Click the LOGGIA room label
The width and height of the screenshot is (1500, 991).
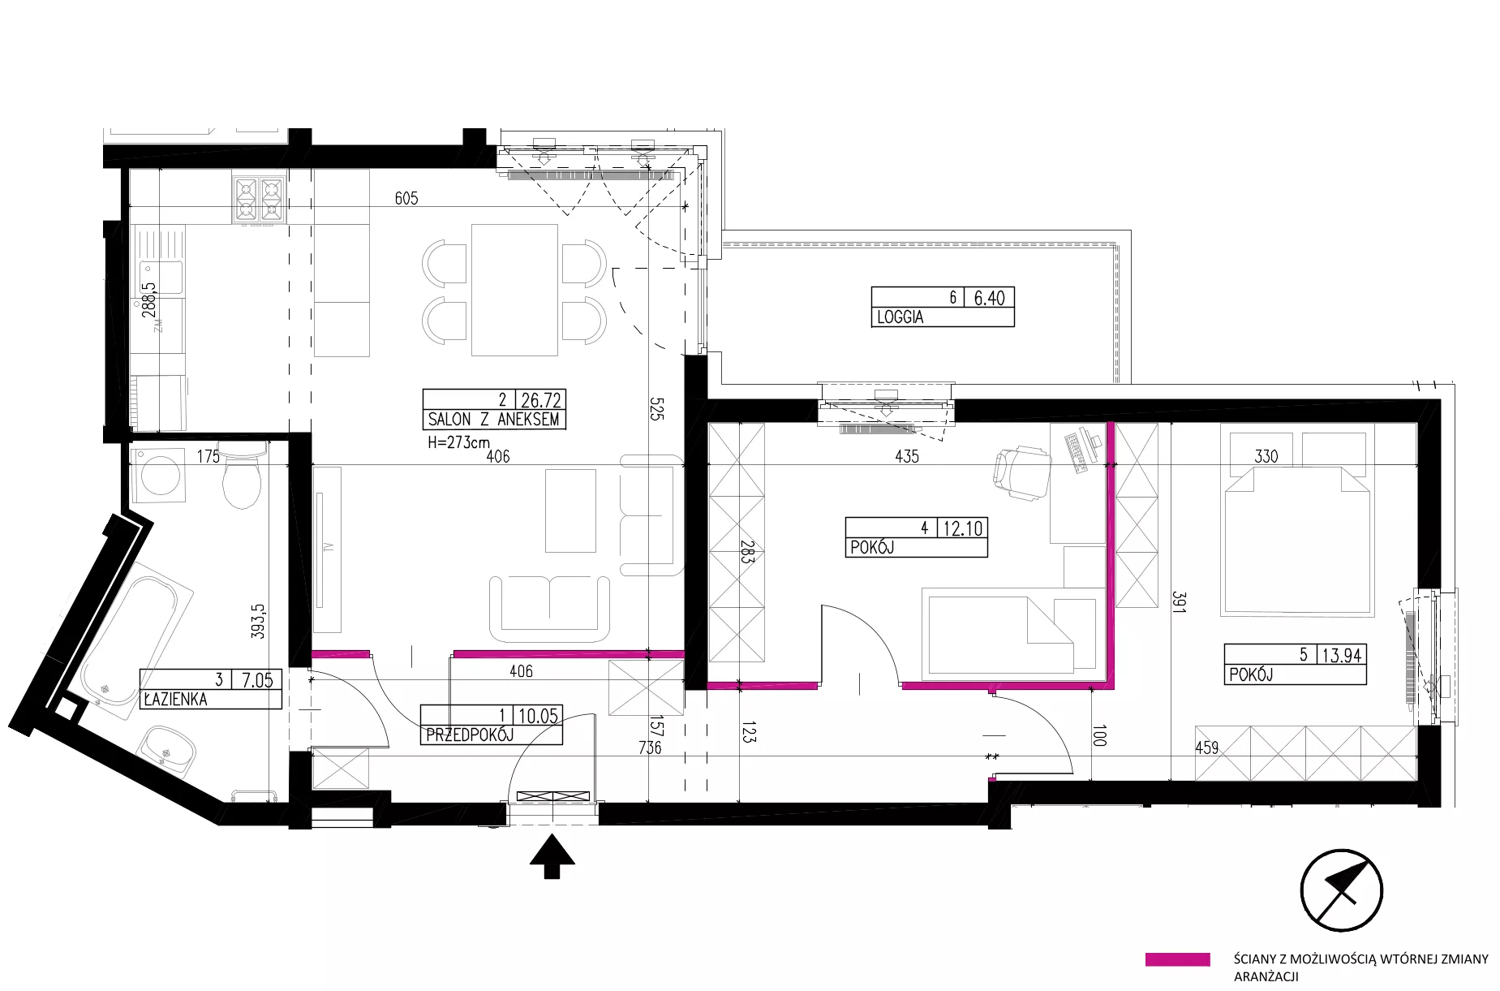coord(900,317)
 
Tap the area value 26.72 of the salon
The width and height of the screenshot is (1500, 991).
coord(541,399)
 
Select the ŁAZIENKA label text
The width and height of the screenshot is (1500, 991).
coord(174,699)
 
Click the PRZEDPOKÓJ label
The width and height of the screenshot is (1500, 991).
coord(469,735)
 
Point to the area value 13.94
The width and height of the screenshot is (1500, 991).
coord(1342,655)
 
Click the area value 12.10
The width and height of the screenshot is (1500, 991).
coord(963,528)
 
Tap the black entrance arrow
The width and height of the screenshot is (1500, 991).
coord(552,855)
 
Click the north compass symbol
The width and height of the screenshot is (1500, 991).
coord(1341,890)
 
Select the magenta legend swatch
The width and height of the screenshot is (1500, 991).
coord(1177,959)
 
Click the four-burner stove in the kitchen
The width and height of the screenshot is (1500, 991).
coord(259,200)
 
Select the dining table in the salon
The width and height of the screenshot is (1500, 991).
coord(514,290)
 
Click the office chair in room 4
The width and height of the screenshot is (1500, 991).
coord(1021,471)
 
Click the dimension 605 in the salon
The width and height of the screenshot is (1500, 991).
coord(406,198)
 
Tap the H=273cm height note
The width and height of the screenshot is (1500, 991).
coord(458,443)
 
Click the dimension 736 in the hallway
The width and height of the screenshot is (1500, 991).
coord(650,748)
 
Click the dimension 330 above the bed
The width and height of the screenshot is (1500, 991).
coord(1266,456)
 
